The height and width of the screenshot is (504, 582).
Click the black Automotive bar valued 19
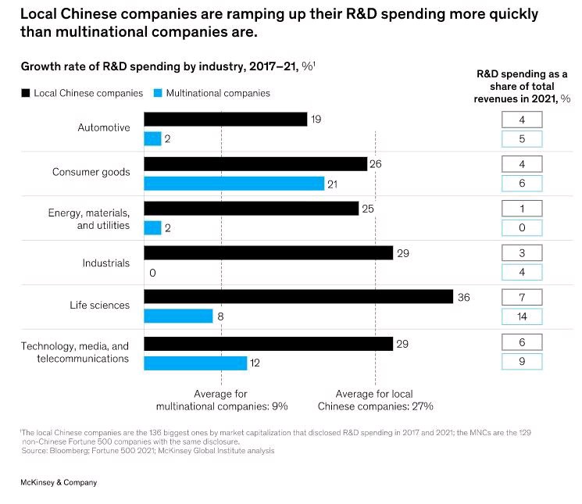click(225, 119)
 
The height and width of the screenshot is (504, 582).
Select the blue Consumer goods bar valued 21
click(234, 184)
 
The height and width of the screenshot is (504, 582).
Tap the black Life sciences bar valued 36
click(298, 297)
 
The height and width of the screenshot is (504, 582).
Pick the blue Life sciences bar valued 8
click(178, 316)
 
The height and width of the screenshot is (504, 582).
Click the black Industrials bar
click(268, 253)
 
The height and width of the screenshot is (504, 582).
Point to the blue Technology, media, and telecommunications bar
click(195, 363)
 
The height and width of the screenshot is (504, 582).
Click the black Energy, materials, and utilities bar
click(251, 209)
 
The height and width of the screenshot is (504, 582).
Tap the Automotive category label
click(104, 127)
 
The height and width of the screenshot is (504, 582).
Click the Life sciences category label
click(100, 306)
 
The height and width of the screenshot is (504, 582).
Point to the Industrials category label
click(106, 263)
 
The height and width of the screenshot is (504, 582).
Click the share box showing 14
click(522, 316)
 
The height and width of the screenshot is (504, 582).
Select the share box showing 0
click(522, 228)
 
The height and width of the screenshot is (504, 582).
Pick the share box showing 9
click(522, 361)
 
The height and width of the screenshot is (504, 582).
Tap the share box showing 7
click(522, 298)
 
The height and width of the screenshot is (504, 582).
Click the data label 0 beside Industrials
click(152, 273)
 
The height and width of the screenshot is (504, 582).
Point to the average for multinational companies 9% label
click(222, 400)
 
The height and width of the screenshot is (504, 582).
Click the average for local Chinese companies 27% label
click(375, 400)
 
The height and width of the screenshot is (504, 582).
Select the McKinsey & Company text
click(59, 483)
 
